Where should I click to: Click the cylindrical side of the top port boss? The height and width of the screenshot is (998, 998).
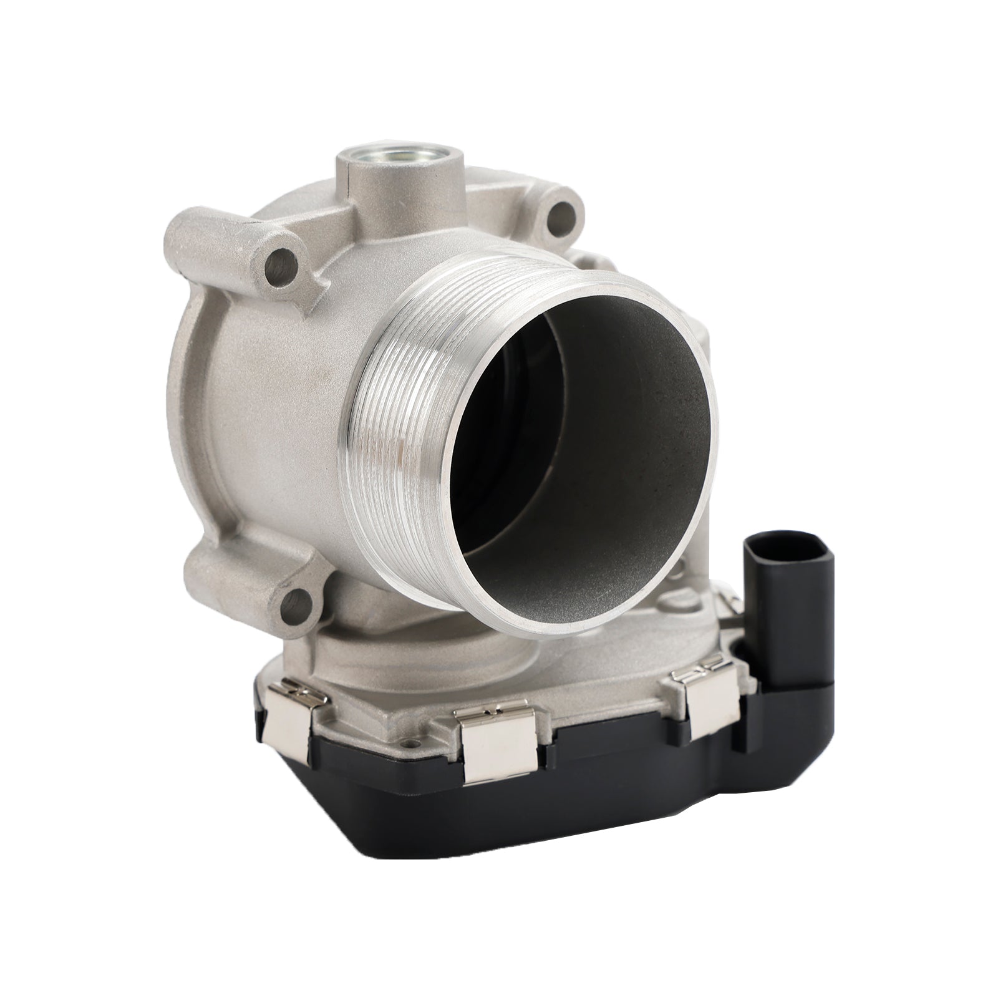(x=399, y=187)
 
